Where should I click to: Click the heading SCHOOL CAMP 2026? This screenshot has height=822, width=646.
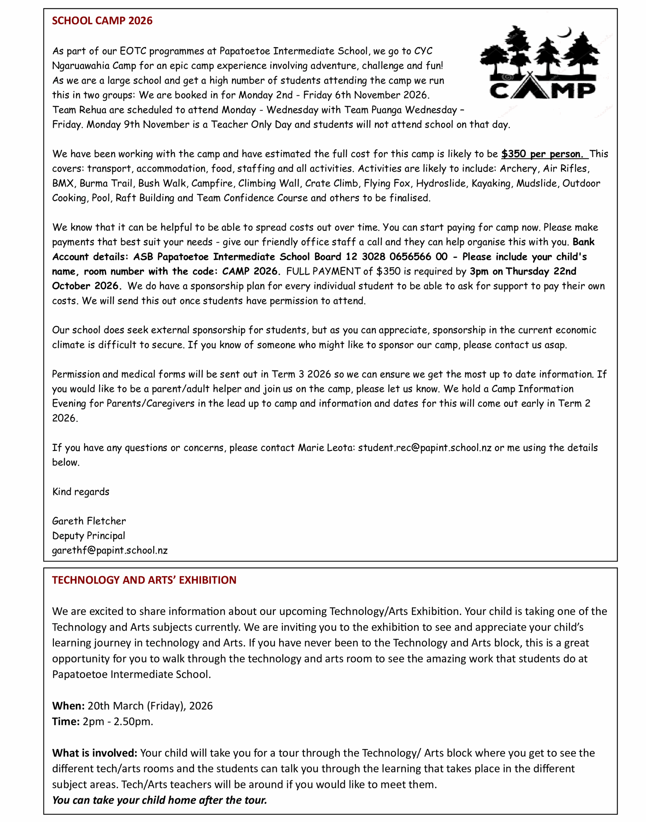pyautogui.click(x=102, y=21)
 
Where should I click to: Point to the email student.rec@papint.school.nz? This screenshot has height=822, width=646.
pyautogui.click(x=424, y=448)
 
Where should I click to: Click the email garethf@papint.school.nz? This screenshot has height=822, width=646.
pyautogui.click(x=110, y=550)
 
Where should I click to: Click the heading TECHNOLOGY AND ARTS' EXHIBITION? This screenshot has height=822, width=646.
pyautogui.click(x=144, y=580)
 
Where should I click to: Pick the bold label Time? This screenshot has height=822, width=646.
pyautogui.click(x=66, y=722)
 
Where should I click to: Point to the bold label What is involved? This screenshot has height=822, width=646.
pyautogui.click(x=94, y=753)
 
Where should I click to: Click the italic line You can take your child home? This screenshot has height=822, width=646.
pyautogui.click(x=160, y=800)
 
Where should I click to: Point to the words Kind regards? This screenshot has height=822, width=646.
pyautogui.click(x=81, y=492)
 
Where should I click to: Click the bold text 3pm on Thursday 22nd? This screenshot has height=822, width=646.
pyautogui.click(x=523, y=272)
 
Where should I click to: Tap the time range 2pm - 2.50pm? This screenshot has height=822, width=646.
pyautogui.click(x=118, y=722)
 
